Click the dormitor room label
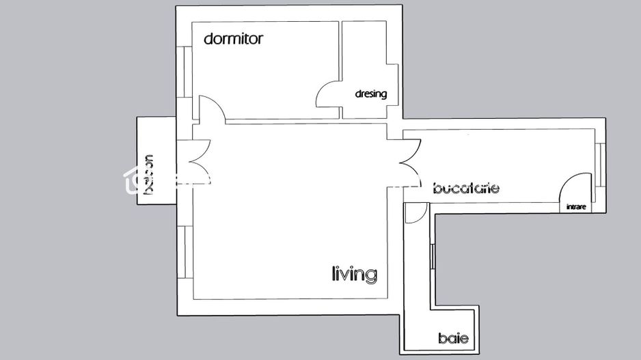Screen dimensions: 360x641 (233, 39)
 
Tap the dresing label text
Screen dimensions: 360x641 (370, 94)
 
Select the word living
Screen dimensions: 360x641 (354, 275)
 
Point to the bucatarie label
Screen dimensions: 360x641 (466, 188)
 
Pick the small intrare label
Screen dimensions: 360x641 (576, 207)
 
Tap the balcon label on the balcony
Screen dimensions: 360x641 (148, 176)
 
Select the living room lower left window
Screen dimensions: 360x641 (185, 252)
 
